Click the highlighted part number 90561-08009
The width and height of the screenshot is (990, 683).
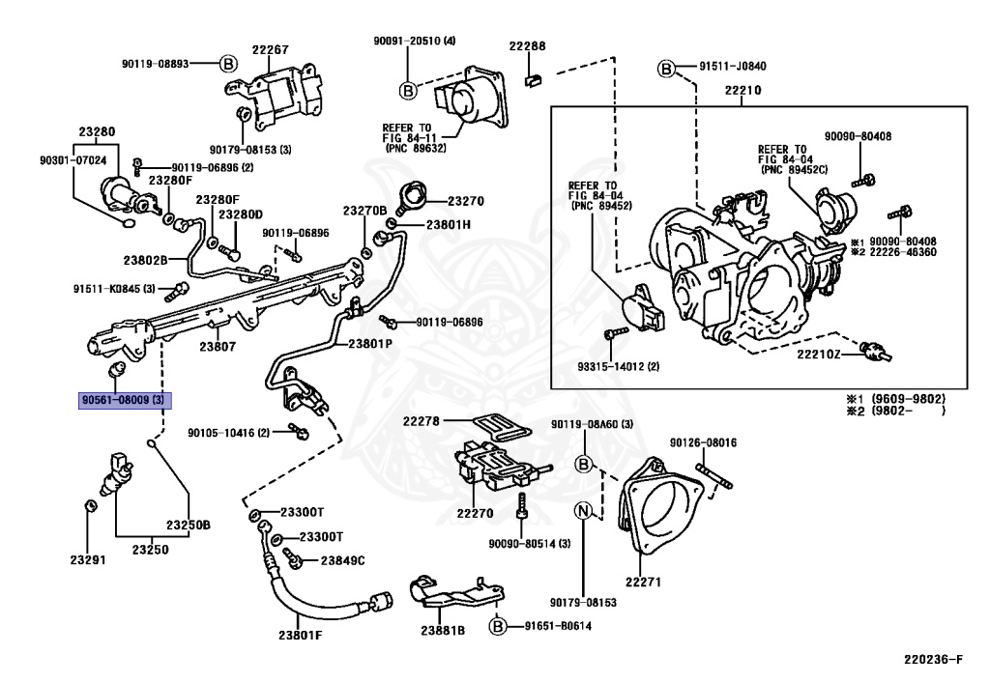[125, 400]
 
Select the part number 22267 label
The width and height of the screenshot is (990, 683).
[271, 49]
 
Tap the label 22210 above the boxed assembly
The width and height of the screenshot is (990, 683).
[742, 90]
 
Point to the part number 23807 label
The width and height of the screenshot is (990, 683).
[218, 346]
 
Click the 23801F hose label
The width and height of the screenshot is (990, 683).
[300, 635]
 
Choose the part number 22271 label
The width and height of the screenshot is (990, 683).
[643, 582]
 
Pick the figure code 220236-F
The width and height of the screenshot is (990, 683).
[933, 660]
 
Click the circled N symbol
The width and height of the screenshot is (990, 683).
[583, 509]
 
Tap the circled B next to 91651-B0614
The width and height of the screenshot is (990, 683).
[498, 626]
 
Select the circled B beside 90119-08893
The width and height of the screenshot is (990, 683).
[228, 64]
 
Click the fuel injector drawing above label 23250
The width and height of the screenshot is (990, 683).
[117, 473]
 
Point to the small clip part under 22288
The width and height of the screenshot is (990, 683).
[534, 79]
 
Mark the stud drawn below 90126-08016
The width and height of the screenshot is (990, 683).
[714, 475]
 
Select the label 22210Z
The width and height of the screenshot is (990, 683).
[818, 354]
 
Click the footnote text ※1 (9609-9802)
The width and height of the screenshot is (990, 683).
[896, 399]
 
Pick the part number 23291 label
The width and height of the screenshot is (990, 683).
[88, 559]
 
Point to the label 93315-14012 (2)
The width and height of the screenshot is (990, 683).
[618, 366]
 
